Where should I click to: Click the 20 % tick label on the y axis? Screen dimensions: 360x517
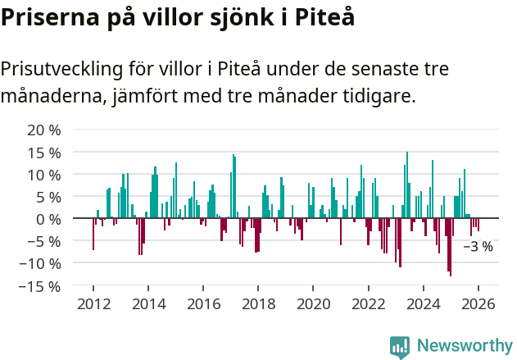point(44,130)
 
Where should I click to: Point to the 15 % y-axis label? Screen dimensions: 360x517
point(44,153)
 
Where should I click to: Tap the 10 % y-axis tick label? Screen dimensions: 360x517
point(44,175)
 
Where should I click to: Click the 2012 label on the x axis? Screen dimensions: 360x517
point(93,304)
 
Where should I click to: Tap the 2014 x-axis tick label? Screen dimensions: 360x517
point(148,304)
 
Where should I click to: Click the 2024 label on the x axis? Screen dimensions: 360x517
point(424,304)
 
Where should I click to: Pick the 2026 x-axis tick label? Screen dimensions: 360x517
point(478,304)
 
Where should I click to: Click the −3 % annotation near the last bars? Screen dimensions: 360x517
point(478,246)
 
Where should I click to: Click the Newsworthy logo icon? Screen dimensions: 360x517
point(400,346)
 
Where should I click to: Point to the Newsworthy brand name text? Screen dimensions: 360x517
point(464,346)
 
